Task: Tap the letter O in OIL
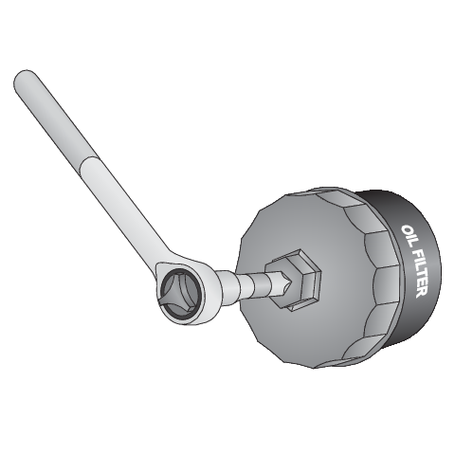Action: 408,229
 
